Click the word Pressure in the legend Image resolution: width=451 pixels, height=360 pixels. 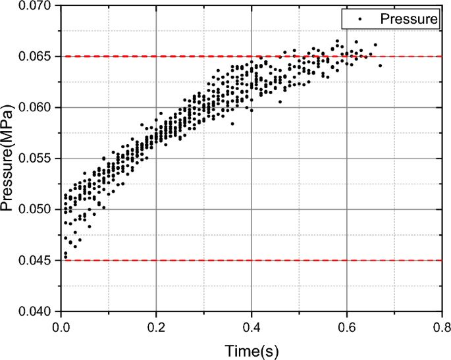408,19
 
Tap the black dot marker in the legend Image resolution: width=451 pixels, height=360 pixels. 361,19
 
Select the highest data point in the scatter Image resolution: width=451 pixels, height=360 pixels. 337,40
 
